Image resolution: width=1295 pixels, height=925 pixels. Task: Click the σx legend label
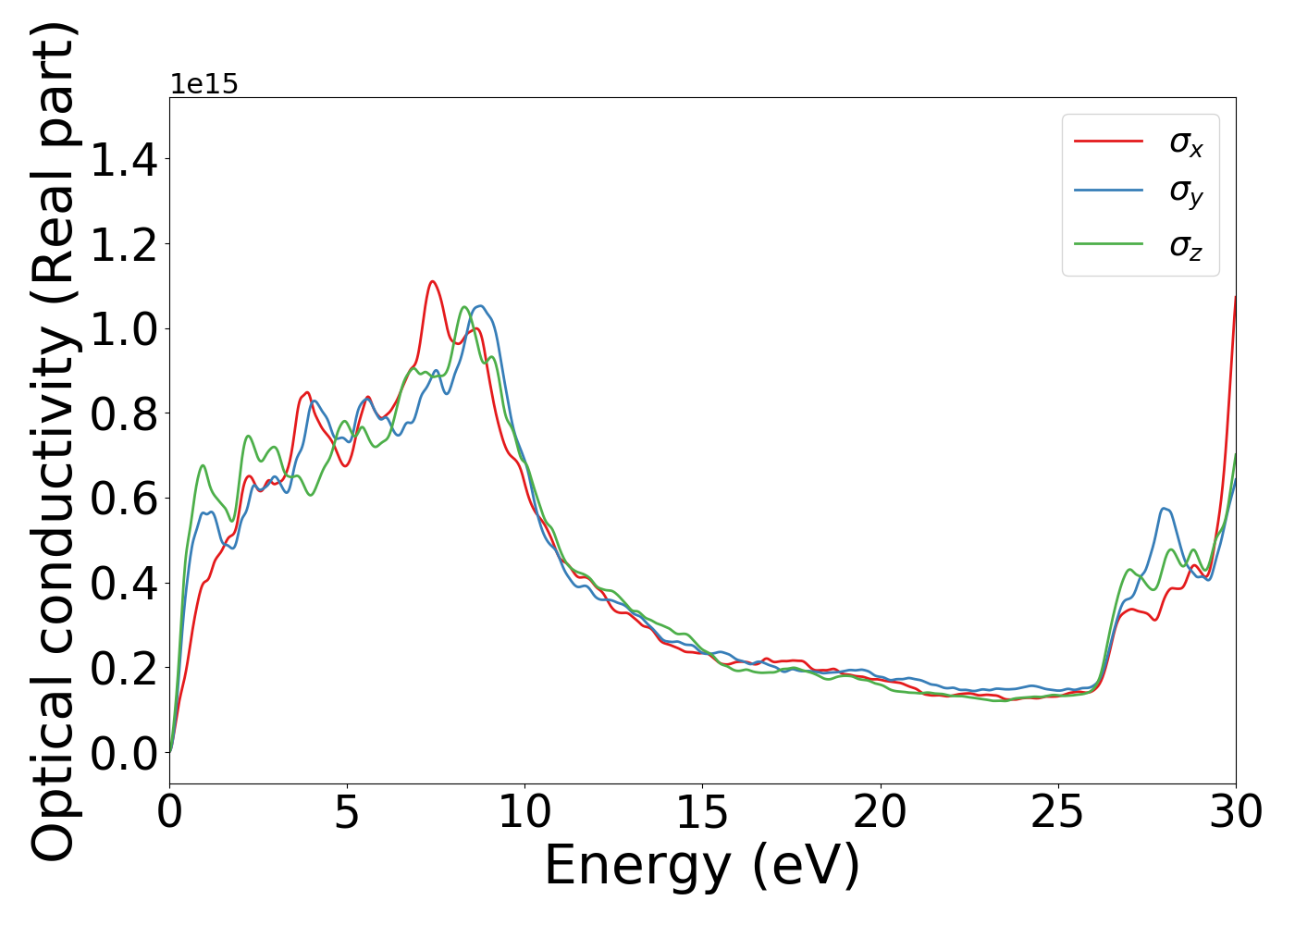(x=1186, y=142)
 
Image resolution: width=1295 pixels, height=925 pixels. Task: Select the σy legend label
(x=1186, y=192)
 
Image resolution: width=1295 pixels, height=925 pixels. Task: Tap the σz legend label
(x=1186, y=245)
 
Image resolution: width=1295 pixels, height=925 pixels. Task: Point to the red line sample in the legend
(x=1108, y=142)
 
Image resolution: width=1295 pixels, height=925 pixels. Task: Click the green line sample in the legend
(x=1108, y=244)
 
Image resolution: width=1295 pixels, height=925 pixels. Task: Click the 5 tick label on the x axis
(x=347, y=813)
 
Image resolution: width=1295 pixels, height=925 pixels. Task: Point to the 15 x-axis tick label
(x=702, y=813)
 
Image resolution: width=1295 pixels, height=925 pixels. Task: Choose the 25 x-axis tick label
(x=1057, y=813)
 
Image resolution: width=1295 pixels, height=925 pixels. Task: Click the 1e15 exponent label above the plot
(x=203, y=85)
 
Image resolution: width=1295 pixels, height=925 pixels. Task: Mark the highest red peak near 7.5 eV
(x=432, y=281)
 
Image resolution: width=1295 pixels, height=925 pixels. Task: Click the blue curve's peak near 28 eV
(x=1165, y=509)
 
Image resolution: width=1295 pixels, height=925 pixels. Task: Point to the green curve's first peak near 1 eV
(x=203, y=465)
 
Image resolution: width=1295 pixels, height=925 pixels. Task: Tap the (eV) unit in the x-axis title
(x=806, y=866)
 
